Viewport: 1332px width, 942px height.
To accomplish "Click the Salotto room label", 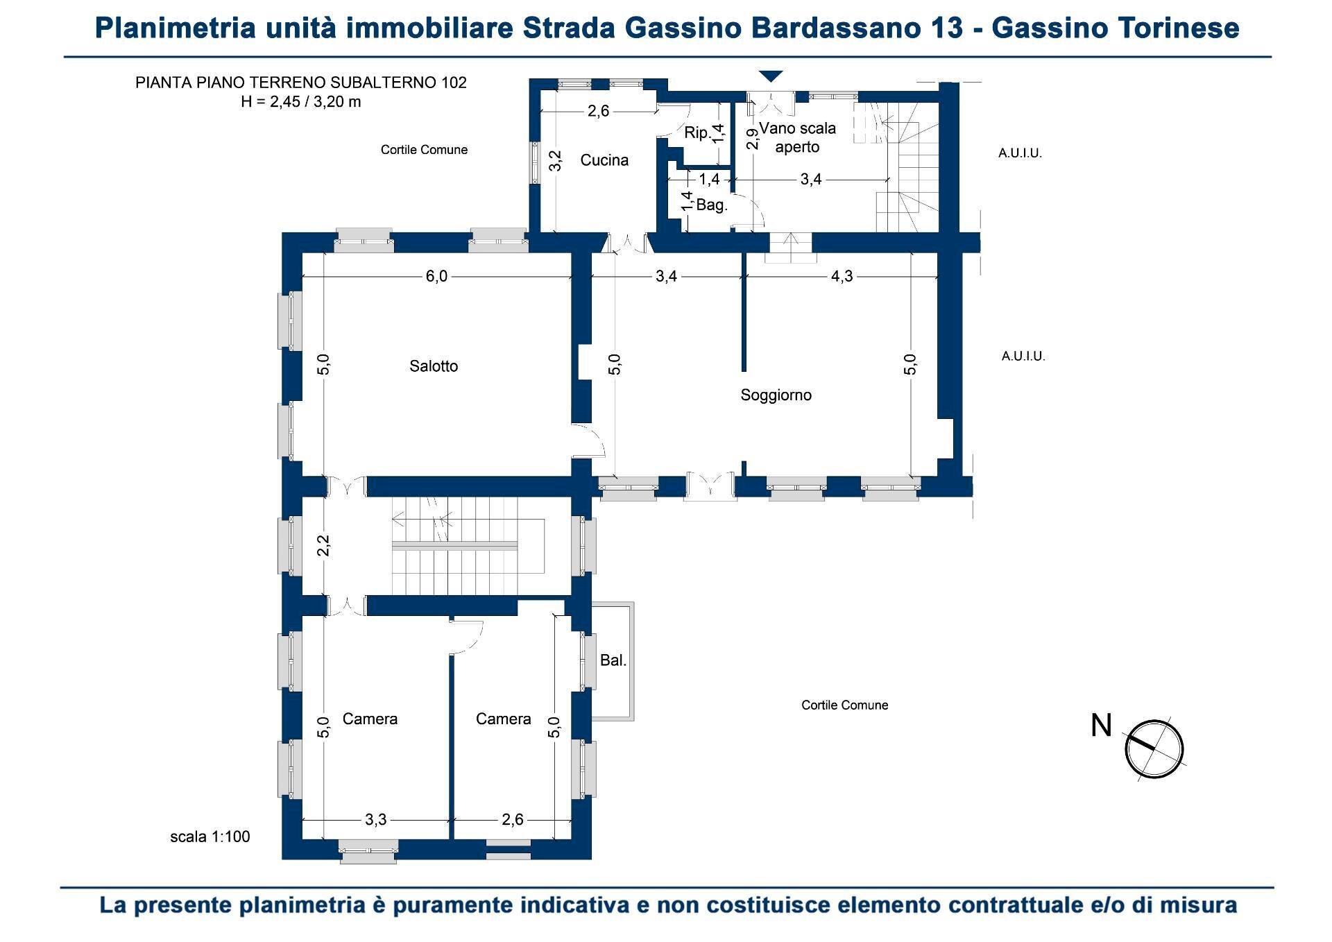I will click(434, 366).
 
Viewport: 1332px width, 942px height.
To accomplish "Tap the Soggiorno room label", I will click(776, 395).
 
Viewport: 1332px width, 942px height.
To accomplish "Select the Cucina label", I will click(604, 161).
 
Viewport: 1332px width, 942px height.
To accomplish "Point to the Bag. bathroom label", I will click(711, 205).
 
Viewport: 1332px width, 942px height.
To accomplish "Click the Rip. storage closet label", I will click(697, 133).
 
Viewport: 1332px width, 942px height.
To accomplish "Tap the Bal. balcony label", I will click(613, 661).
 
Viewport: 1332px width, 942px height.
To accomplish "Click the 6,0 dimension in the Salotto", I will click(436, 277).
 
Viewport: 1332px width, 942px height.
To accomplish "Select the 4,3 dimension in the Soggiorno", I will click(842, 277).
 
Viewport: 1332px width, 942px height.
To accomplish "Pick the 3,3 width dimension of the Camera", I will click(375, 820).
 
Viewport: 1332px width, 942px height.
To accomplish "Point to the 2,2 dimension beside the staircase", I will click(323, 546).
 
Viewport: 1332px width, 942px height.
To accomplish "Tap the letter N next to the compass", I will click(1101, 726).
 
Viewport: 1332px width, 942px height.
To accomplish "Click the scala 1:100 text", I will click(210, 837).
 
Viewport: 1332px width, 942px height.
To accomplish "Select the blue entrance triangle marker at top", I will click(771, 76).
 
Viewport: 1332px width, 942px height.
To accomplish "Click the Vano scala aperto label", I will click(797, 137).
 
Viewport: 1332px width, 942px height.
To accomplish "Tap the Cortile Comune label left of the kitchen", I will click(424, 150).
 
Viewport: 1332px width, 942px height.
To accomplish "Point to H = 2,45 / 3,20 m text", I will click(300, 102).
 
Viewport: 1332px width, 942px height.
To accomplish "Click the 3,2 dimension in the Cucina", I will click(555, 161).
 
